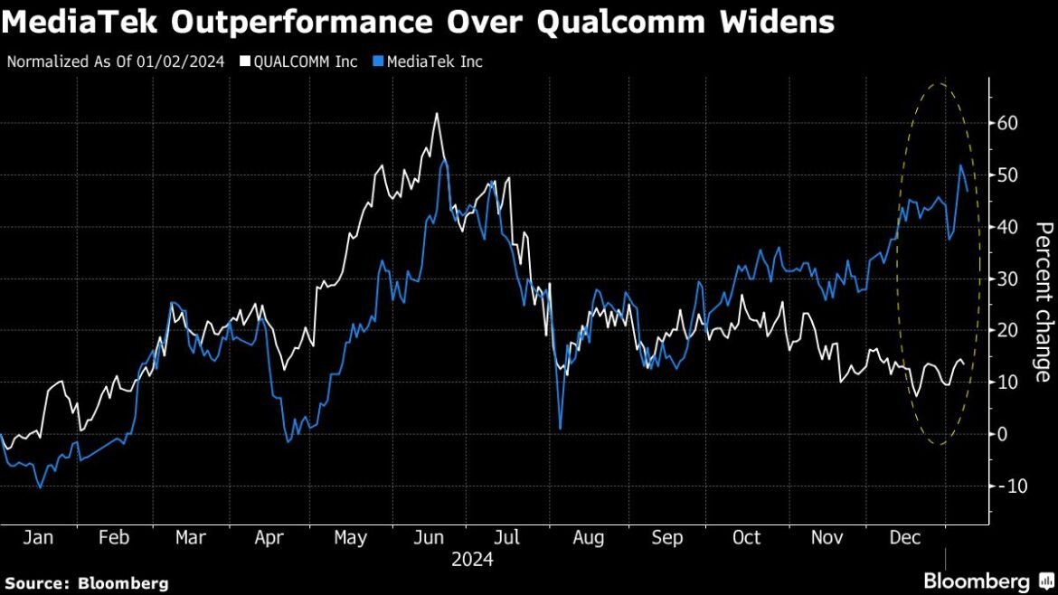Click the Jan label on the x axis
tap(37, 538)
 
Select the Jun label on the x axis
tap(429, 538)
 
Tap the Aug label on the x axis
tap(589, 538)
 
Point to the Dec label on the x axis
tap(906, 538)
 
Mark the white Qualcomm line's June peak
tap(436, 114)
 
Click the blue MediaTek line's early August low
tap(561, 428)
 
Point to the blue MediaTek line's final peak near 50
tap(960, 165)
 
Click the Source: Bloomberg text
tap(87, 583)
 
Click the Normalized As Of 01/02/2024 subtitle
tap(115, 62)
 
